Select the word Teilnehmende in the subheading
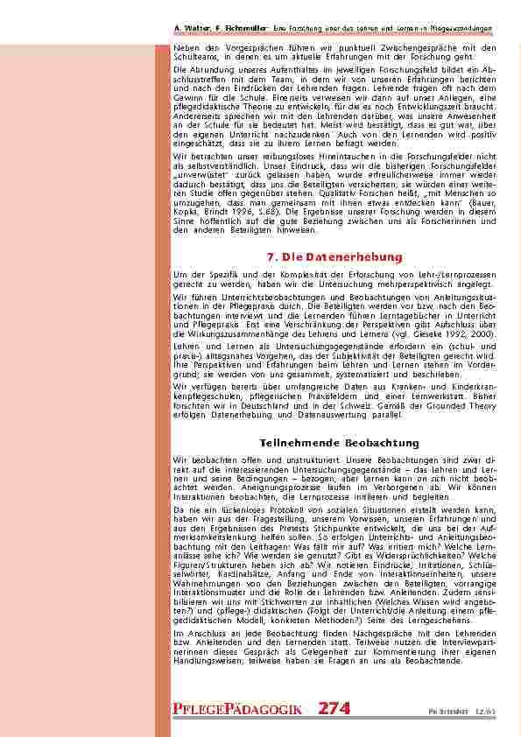coord(298,444)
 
